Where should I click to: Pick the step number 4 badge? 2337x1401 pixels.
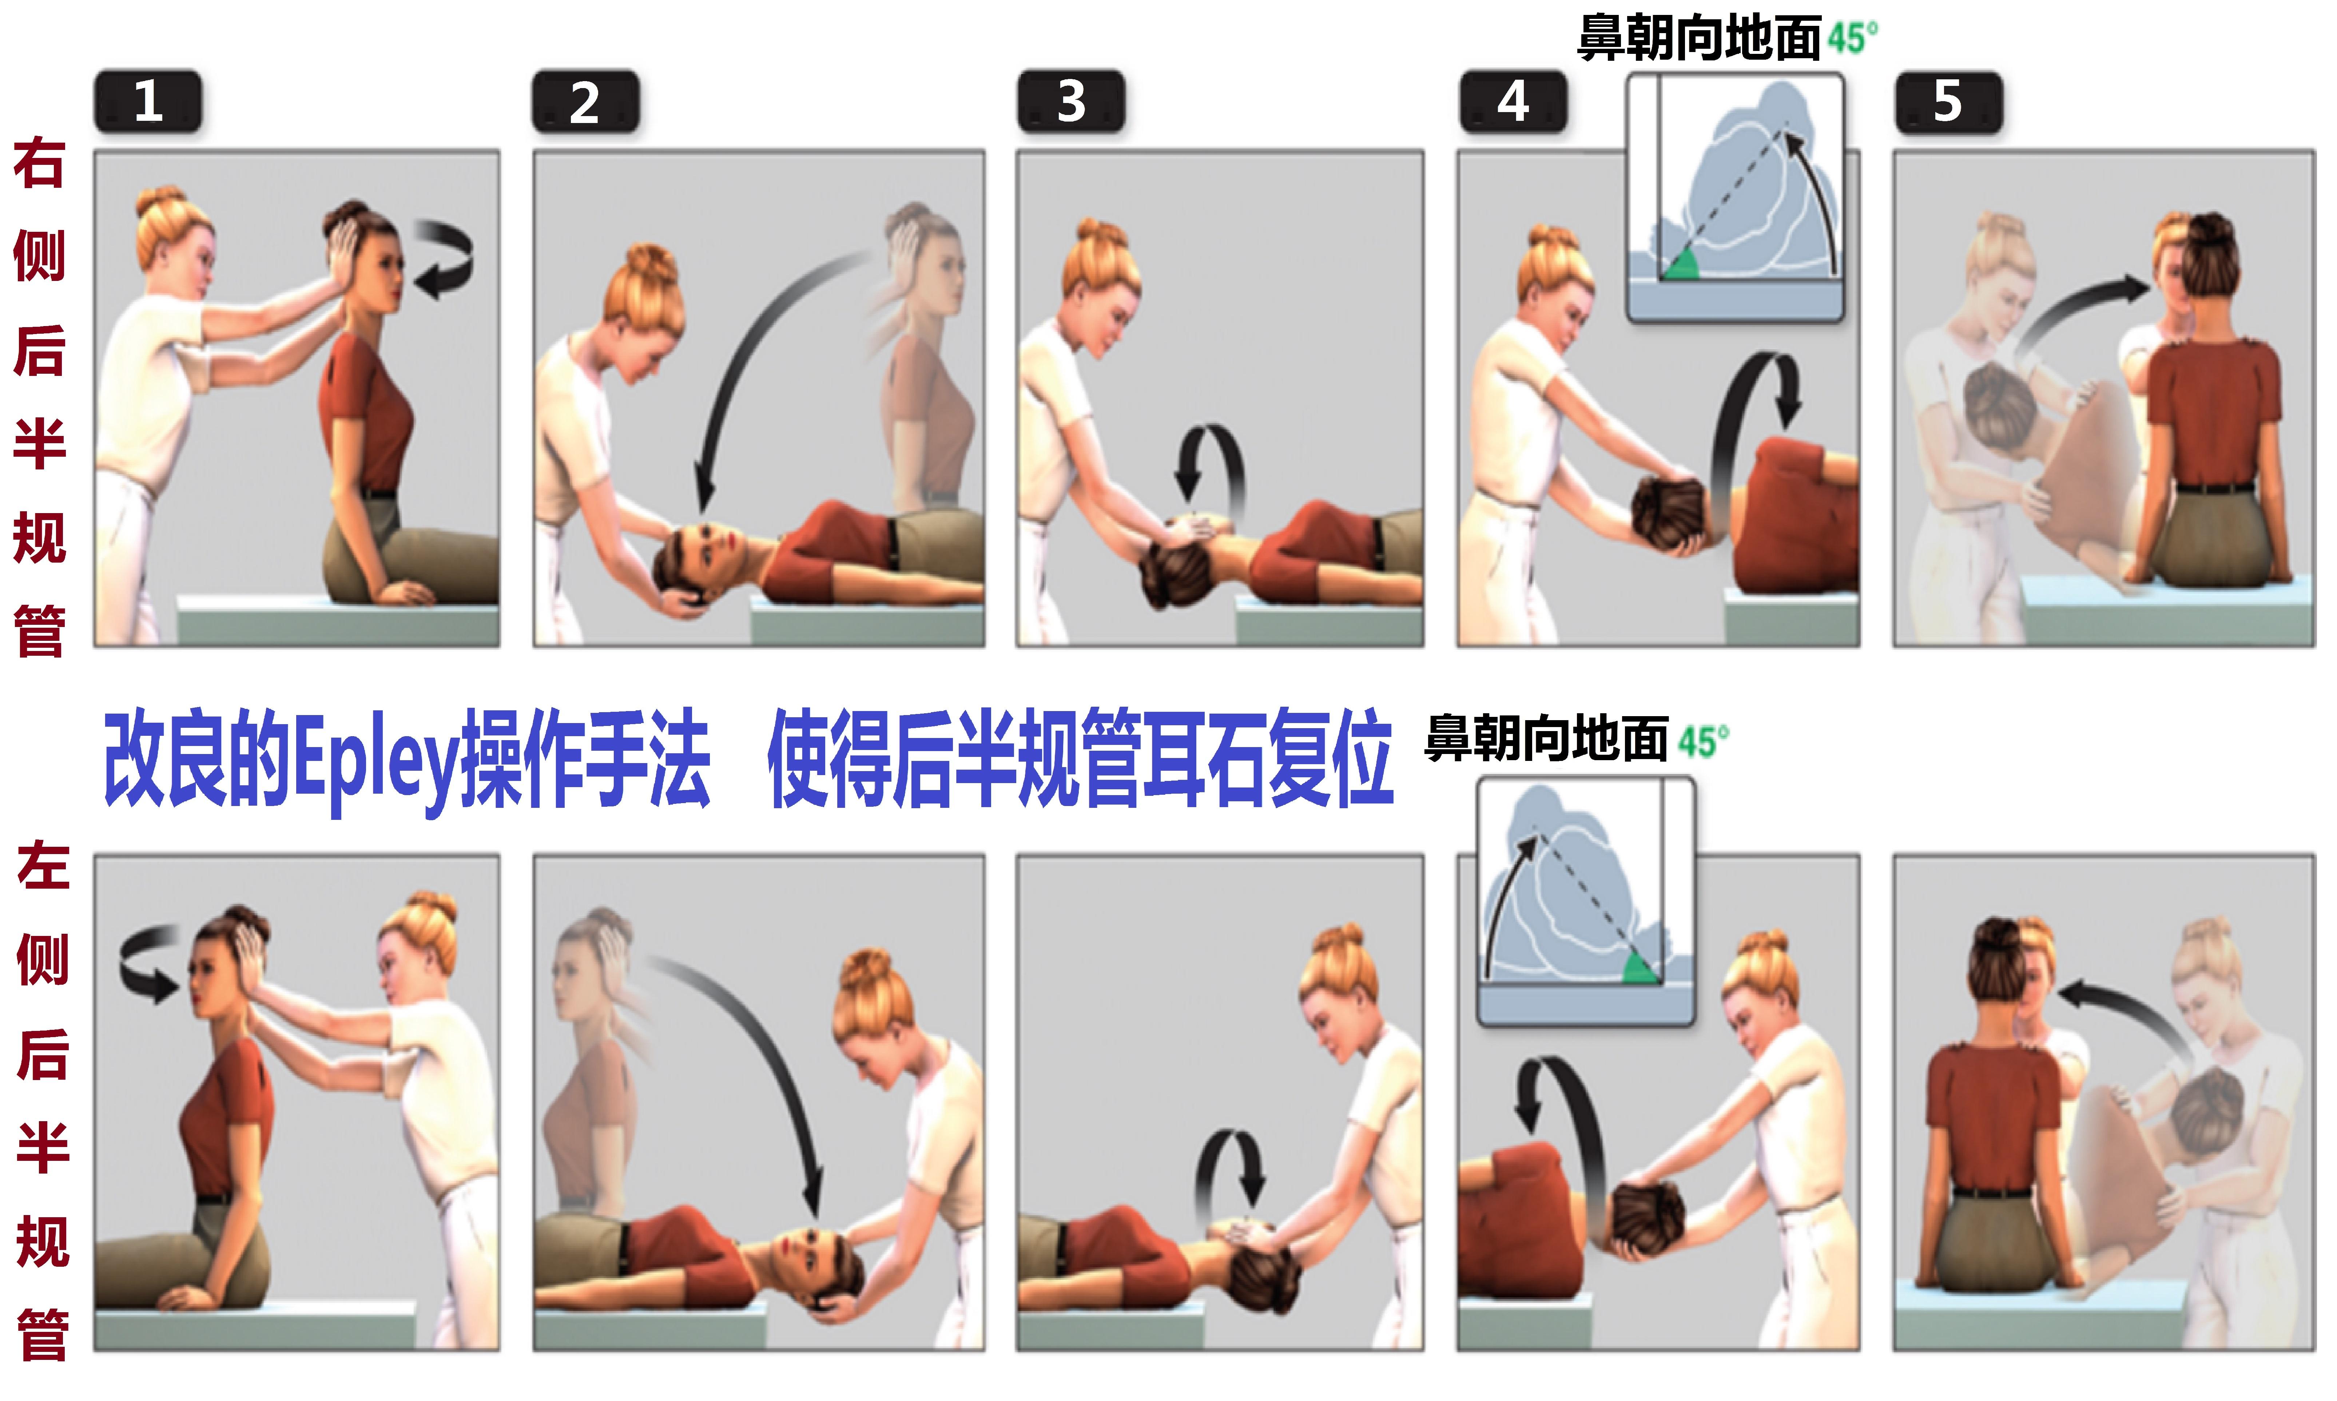coord(1513,101)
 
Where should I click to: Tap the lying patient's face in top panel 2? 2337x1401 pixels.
coord(710,548)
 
